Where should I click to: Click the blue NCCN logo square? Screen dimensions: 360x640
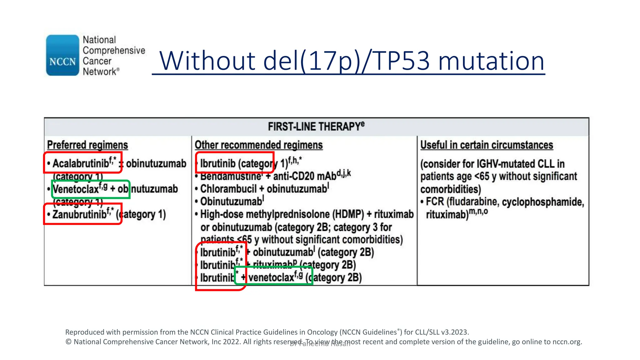(62, 55)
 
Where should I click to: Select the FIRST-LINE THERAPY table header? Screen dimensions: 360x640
(316, 127)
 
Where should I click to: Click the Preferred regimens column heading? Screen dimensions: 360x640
(87, 145)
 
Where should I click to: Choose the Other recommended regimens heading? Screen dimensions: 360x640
(258, 145)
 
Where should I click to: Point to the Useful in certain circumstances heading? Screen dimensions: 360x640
(487, 145)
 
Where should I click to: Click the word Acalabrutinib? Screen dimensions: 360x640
(81, 163)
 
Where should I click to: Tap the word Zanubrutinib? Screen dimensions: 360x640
(79, 215)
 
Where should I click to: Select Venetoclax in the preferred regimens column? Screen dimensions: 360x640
(76, 189)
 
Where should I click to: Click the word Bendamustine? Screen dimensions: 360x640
(231, 177)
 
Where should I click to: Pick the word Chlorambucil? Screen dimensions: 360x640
(228, 189)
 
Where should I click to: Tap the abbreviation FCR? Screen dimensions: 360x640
(435, 202)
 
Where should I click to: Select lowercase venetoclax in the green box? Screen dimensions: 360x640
(271, 277)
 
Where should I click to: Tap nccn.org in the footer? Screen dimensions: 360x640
(567, 342)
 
